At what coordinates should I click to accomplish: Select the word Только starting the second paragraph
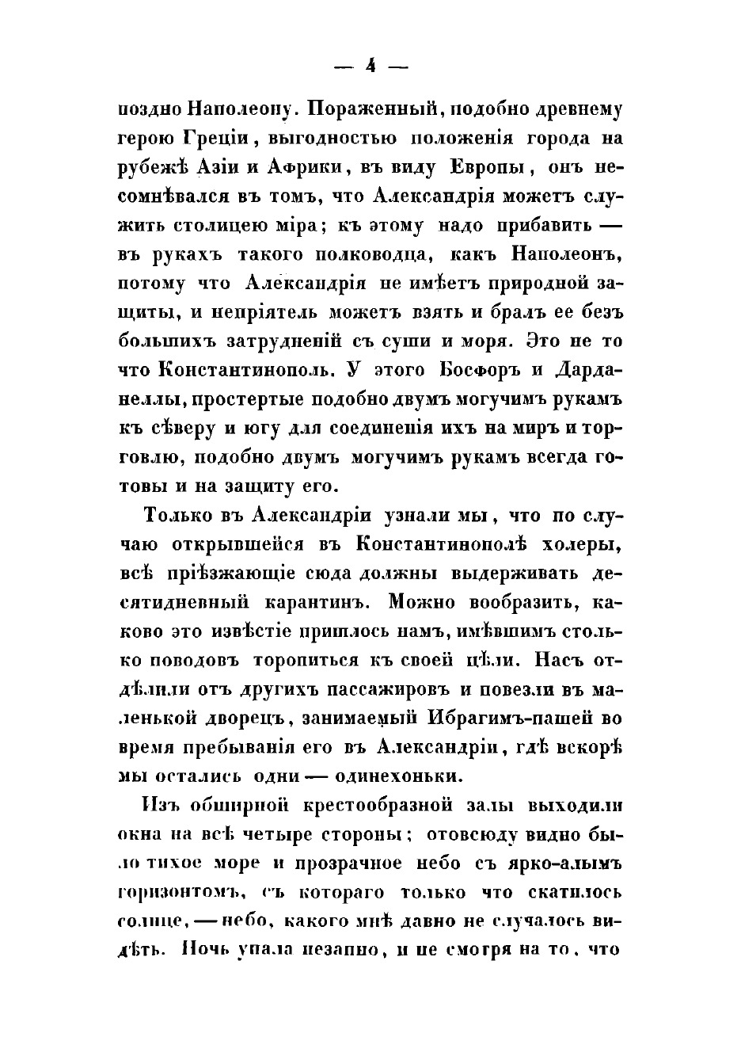(181, 515)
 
